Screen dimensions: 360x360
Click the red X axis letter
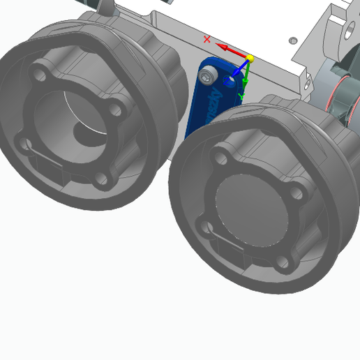207,39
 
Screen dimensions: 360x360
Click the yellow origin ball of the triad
250,59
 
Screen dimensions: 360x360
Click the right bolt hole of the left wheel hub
121,107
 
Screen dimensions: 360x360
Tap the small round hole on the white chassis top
294,40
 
